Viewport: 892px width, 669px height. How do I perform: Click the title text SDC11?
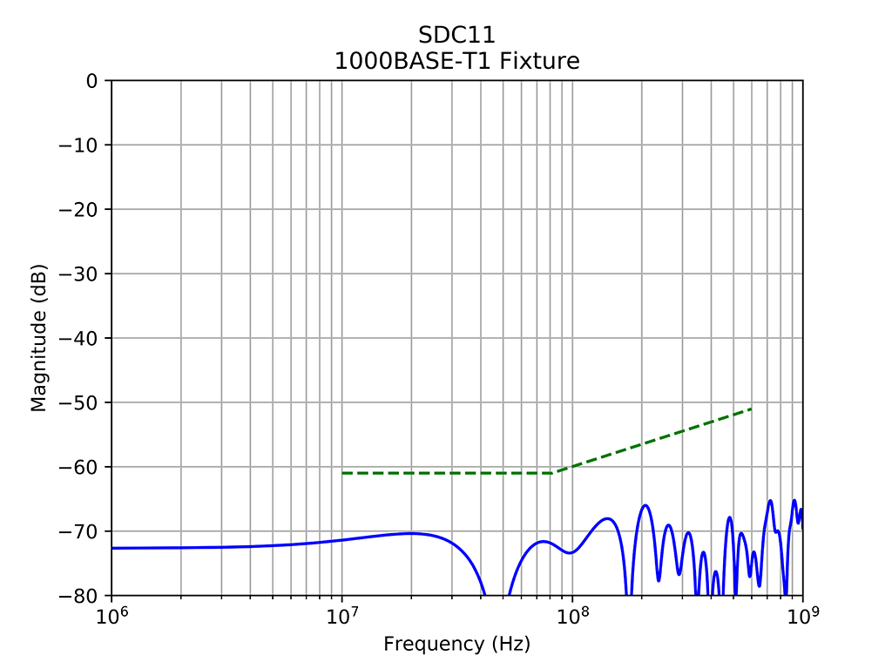pos(456,36)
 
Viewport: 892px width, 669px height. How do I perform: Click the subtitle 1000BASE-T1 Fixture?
pos(456,61)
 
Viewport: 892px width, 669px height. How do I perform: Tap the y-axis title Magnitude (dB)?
pos(38,338)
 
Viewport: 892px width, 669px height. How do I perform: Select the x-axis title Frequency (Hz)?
pos(456,645)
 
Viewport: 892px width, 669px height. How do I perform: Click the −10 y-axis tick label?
pos(80,145)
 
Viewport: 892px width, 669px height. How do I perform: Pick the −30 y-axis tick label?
pos(80,274)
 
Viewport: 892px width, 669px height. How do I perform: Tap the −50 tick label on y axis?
pos(80,402)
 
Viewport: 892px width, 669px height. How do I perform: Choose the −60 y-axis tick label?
pos(80,467)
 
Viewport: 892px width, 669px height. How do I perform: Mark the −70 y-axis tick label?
pos(80,531)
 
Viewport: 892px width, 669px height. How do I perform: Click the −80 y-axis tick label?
pos(80,596)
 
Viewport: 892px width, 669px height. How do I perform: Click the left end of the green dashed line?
pos(342,473)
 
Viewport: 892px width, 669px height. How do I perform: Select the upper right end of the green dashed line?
pos(751,409)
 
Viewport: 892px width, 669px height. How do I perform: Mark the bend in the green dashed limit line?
pos(555,473)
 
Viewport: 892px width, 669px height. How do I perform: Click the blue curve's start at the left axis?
pos(112,548)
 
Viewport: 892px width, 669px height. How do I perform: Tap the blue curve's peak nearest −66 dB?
pos(645,505)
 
